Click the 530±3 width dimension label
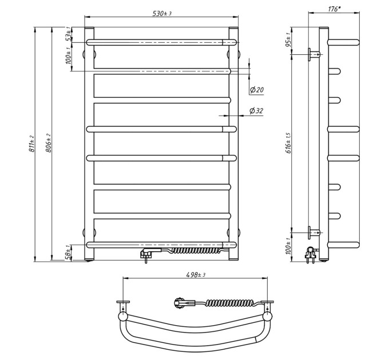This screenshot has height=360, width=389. point(162,13)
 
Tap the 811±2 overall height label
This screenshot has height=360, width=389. point(31,143)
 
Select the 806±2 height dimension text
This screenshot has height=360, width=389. point(49,143)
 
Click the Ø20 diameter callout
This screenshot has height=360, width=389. point(257,90)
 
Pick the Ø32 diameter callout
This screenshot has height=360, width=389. point(256,110)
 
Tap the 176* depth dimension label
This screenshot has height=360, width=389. point(334,9)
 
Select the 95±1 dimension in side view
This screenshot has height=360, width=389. point(288,40)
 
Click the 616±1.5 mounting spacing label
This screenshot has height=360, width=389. point(288,143)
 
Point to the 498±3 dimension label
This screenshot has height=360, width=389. point(196,274)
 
